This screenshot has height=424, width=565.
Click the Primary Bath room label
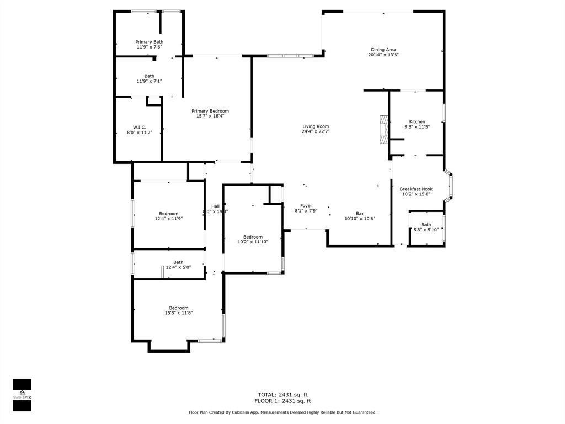pyautogui.click(x=150, y=42)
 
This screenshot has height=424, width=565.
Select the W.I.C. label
pyautogui.click(x=139, y=127)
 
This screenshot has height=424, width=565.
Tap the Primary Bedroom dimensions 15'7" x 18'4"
pyautogui.click(x=210, y=116)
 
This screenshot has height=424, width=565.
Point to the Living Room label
pyautogui.click(x=316, y=126)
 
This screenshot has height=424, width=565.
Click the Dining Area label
pyautogui.click(x=383, y=50)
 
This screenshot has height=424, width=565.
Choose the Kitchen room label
pyautogui.click(x=417, y=121)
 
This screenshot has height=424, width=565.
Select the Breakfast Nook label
pyautogui.click(x=416, y=189)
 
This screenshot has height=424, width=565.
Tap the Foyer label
pyautogui.click(x=306, y=205)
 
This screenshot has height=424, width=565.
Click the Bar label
pyautogui.click(x=360, y=213)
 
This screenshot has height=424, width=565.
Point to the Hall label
pyautogui.click(x=215, y=206)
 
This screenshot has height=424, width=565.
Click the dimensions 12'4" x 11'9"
pyautogui.click(x=169, y=219)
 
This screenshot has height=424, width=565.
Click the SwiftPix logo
pyautogui.click(x=22, y=395)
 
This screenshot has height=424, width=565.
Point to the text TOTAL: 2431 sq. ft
pyautogui.click(x=282, y=394)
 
